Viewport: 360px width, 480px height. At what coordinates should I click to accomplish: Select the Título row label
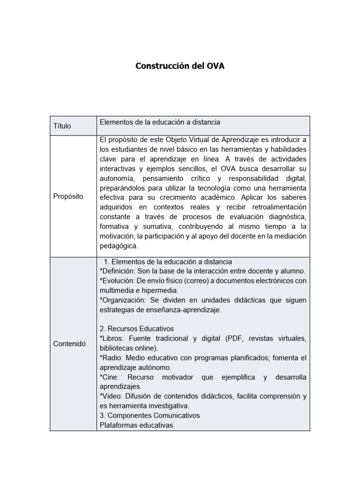(x=62, y=126)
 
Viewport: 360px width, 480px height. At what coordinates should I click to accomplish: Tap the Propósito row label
(x=68, y=196)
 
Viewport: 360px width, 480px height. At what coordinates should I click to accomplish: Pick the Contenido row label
(x=69, y=344)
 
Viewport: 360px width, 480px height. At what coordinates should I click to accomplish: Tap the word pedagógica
(x=119, y=246)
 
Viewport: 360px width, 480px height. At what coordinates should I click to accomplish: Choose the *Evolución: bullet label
(x=117, y=281)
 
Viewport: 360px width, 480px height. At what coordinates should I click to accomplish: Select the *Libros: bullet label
(x=112, y=338)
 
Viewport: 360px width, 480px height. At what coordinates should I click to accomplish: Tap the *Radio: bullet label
(x=112, y=358)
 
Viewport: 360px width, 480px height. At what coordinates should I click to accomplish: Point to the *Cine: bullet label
(x=110, y=377)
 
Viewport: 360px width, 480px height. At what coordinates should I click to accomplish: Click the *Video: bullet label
(x=112, y=396)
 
